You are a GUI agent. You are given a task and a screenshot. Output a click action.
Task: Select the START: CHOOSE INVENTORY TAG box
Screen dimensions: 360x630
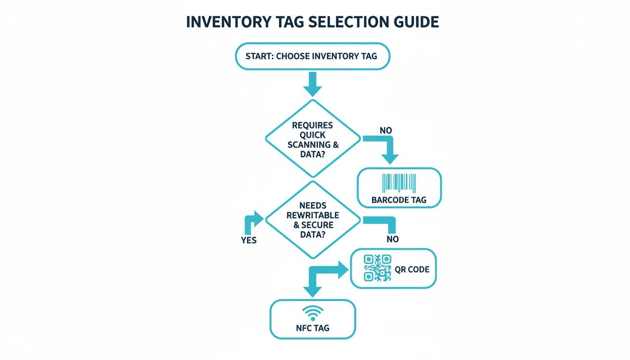point(312,56)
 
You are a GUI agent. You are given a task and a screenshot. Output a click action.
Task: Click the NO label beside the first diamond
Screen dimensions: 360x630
point(385,130)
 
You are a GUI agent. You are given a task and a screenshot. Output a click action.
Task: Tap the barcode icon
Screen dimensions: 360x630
point(399,183)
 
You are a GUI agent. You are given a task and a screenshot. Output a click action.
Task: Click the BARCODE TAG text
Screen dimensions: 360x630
point(399,200)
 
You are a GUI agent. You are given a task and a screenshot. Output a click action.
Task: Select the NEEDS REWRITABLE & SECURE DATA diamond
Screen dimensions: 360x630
point(313,219)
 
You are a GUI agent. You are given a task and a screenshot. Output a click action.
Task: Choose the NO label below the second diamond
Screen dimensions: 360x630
point(393,239)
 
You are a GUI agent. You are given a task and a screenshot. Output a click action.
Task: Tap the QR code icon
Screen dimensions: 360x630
point(377,268)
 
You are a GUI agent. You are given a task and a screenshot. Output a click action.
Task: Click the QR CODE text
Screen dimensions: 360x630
point(412,270)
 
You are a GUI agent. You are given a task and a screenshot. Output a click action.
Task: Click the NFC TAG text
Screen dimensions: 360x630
point(313,328)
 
